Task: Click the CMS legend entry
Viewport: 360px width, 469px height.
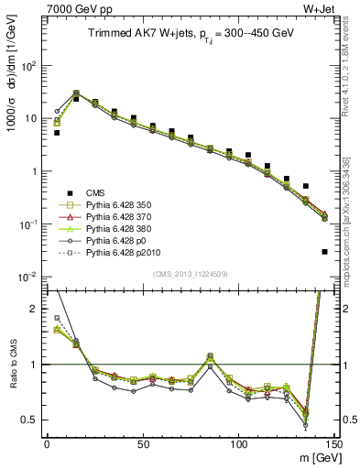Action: point(94,193)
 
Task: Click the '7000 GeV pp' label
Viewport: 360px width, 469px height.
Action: point(66,9)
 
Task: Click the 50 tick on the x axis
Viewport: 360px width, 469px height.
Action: point(143,443)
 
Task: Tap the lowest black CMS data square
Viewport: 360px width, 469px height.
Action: point(325,251)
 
